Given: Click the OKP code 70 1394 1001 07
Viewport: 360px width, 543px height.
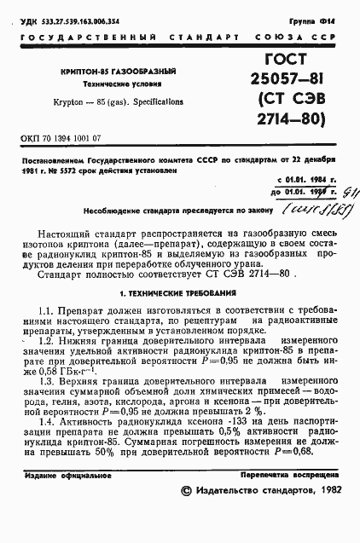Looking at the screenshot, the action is tap(61, 136).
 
